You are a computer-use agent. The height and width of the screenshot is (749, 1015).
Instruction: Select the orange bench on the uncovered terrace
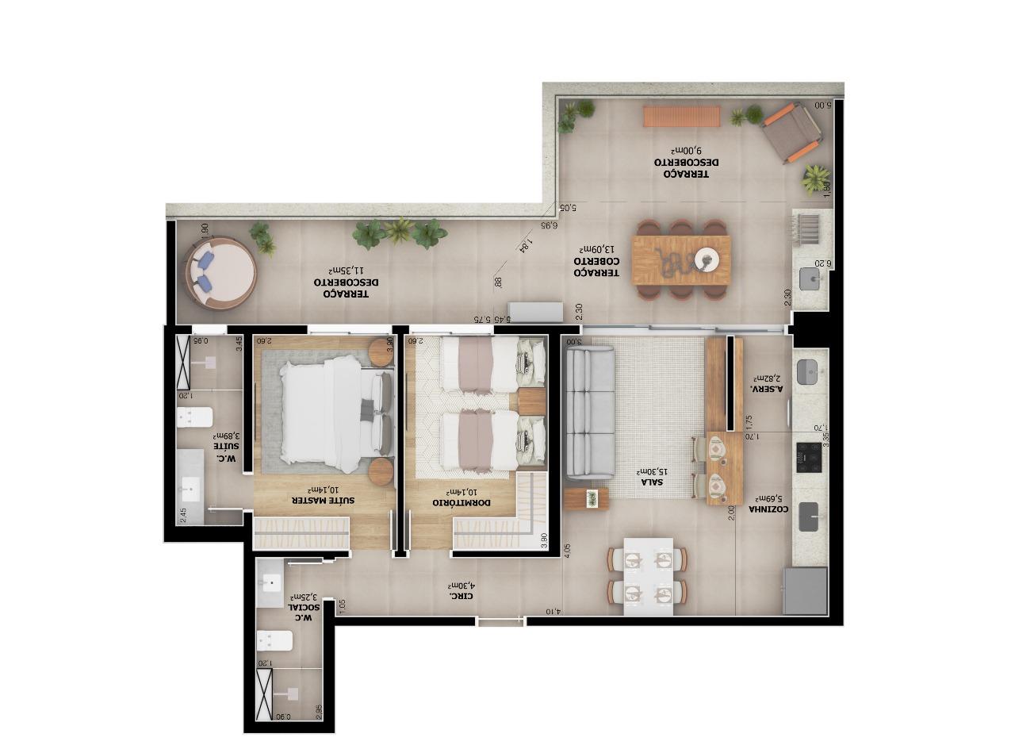point(681,117)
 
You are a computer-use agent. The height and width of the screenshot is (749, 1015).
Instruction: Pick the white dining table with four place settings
point(648,576)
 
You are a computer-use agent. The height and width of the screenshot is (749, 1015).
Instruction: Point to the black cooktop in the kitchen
point(809,453)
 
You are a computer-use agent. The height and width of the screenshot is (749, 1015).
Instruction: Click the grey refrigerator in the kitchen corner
point(805,590)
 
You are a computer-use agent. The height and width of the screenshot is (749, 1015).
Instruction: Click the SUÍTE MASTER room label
point(324,501)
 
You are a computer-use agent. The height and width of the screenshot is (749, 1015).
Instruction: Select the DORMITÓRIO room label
point(463,502)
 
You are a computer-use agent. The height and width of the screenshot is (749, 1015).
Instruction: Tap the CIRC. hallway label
point(462,594)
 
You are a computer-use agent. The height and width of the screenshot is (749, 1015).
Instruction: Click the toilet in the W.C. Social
point(274,640)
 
